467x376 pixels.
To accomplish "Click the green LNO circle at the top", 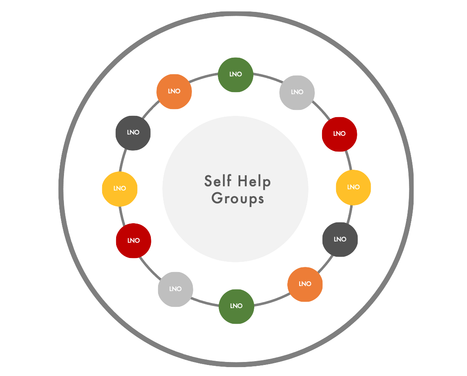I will pyautogui.click(x=236, y=75).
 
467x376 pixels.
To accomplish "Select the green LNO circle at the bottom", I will pyautogui.click(x=236, y=306).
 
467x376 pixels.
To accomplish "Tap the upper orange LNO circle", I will pyautogui.click(x=174, y=91).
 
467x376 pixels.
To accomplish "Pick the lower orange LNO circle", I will pyautogui.click(x=305, y=284).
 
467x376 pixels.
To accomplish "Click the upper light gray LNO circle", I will pyautogui.click(x=297, y=93).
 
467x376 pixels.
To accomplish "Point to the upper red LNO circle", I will pyautogui.click(x=339, y=134).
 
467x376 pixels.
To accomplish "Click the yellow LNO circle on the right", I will pyautogui.click(x=353, y=188).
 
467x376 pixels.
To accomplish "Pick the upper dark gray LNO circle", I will pyautogui.click(x=133, y=132).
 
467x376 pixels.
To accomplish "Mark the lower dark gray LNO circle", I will pyautogui.click(x=340, y=240).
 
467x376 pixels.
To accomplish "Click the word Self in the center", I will pyautogui.click(x=218, y=181).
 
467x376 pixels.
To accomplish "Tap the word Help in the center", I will pyautogui.click(x=254, y=181).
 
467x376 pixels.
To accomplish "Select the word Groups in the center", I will pyautogui.click(x=238, y=198).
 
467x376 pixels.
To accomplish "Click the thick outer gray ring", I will pyautogui.click(x=61, y=188).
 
